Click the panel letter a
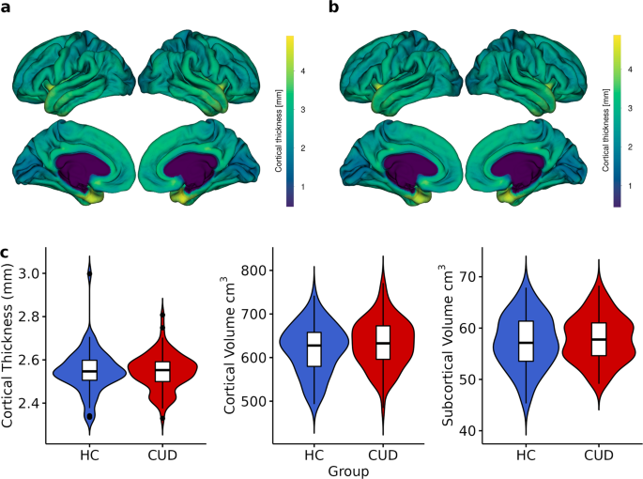pyautogui.click(x=7, y=8)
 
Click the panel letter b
pyautogui.click(x=332, y=8)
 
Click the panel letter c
pyautogui.click(x=7, y=253)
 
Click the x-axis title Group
pyautogui.click(x=349, y=471)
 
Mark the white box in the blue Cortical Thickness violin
pyautogui.click(x=89, y=369)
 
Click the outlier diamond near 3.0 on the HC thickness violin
pyautogui.click(x=89, y=273)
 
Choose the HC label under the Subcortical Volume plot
pyautogui.click(x=527, y=455)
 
